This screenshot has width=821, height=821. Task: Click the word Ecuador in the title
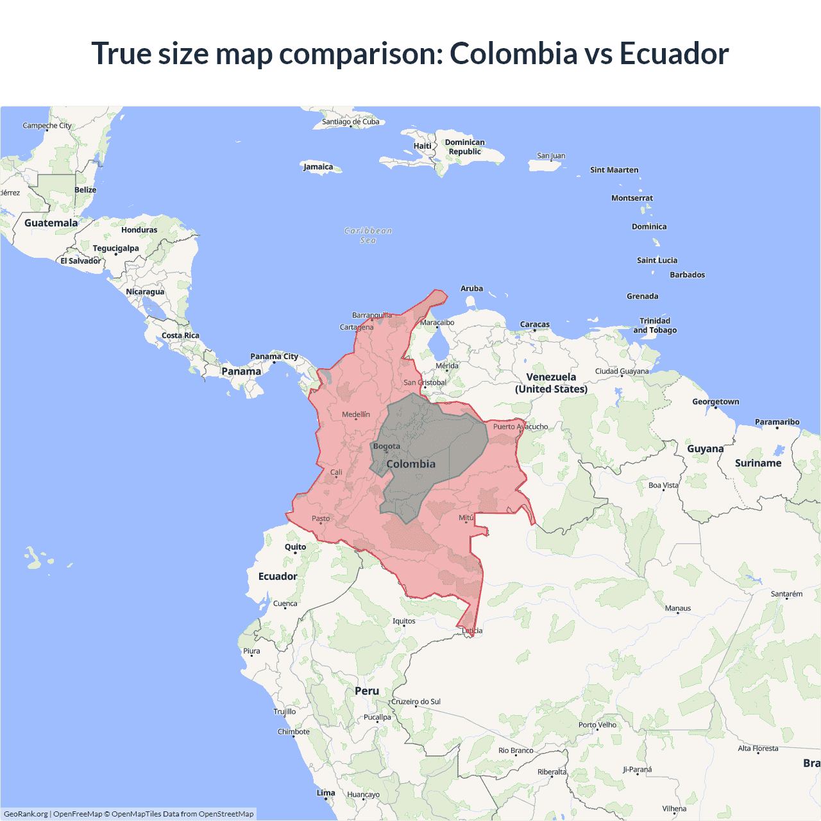(x=673, y=53)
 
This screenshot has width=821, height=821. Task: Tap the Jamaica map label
(x=318, y=167)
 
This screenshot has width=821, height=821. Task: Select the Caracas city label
(x=535, y=325)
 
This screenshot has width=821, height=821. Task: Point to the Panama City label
(x=274, y=357)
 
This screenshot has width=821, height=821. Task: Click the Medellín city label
(x=356, y=414)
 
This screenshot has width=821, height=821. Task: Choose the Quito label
(x=295, y=547)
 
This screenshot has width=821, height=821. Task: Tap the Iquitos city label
(x=404, y=621)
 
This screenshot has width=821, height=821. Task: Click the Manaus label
(x=678, y=608)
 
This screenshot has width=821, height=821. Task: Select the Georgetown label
(x=715, y=402)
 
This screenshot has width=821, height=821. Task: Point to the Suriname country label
(x=758, y=463)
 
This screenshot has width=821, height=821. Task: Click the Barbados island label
(x=687, y=275)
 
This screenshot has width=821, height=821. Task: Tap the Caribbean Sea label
(x=368, y=235)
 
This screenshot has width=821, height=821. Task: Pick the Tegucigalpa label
(x=115, y=248)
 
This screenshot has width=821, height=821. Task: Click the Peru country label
(x=367, y=691)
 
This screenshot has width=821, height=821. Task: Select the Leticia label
(x=472, y=631)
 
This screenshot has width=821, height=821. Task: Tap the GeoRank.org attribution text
(x=26, y=814)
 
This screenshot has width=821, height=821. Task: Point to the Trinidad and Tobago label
(x=655, y=325)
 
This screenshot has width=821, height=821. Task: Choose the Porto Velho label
(x=597, y=725)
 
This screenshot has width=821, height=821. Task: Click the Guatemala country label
(x=51, y=223)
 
